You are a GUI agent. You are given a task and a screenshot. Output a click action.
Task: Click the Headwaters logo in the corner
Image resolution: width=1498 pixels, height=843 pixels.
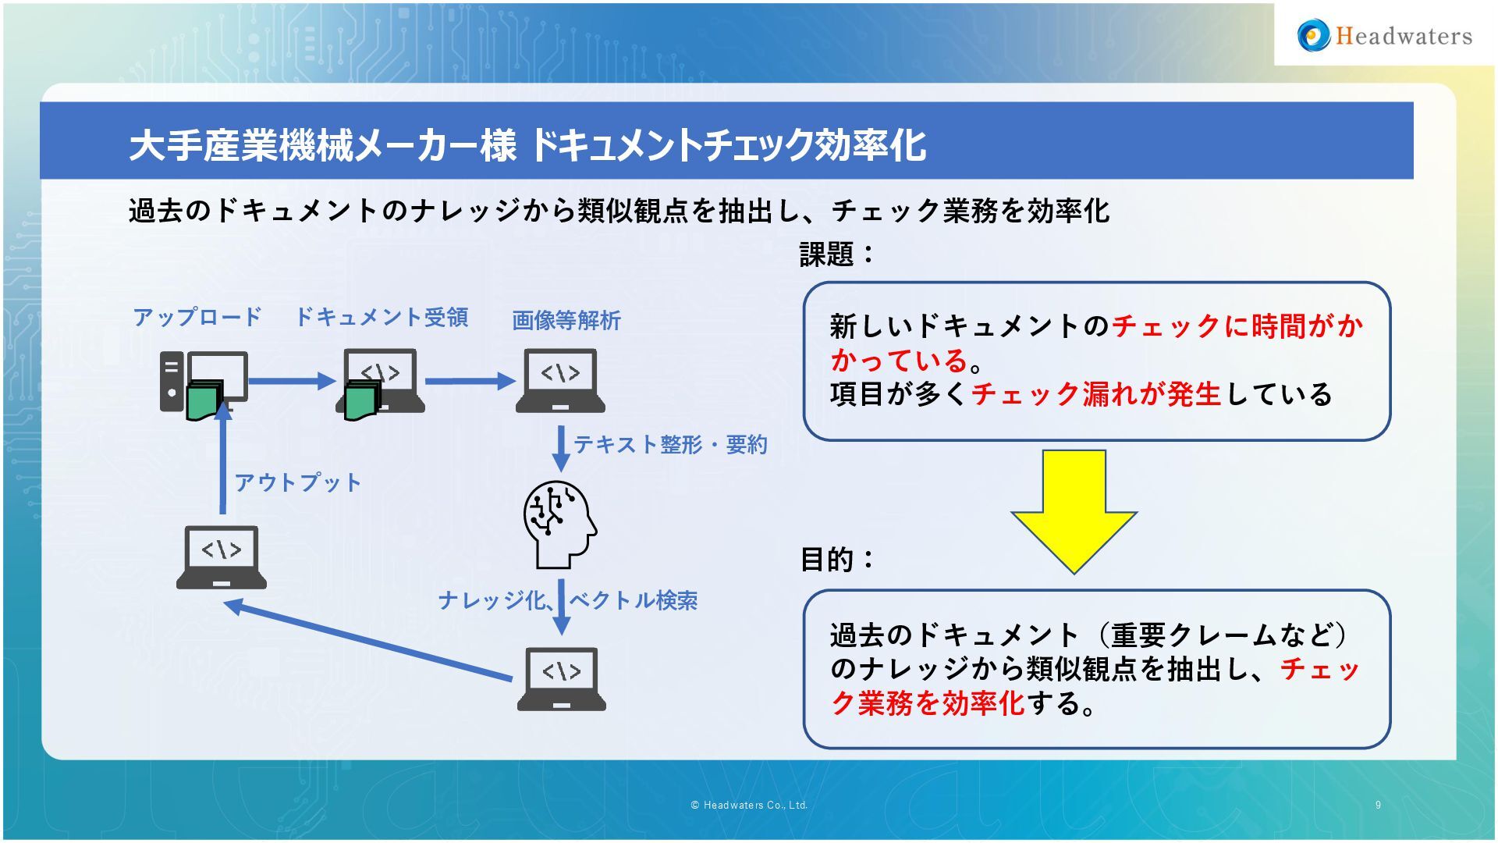(1384, 35)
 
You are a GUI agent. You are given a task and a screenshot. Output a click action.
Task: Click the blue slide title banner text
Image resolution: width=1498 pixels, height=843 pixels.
(527, 145)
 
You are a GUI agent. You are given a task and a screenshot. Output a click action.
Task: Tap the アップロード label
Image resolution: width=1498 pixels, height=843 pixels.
(197, 317)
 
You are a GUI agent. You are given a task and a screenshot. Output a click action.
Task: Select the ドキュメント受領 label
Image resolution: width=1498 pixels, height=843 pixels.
(381, 317)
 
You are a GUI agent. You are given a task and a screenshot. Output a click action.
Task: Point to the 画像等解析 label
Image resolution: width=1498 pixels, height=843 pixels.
(566, 320)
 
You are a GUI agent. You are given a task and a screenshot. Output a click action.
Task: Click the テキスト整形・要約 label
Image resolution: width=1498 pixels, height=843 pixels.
(670, 444)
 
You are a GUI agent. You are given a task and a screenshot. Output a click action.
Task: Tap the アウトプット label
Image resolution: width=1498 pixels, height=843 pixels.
(297, 482)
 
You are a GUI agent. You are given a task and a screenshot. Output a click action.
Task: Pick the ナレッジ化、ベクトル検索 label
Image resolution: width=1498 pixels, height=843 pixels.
(567, 600)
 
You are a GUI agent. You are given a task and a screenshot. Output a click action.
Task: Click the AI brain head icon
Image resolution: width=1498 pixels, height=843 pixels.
(559, 524)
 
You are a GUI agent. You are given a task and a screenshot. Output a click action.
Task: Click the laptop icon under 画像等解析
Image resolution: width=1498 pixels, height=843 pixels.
(560, 381)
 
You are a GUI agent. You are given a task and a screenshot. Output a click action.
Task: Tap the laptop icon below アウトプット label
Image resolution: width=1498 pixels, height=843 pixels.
(222, 557)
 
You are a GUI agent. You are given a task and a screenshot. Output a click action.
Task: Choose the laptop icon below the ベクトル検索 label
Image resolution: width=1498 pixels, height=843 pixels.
(561, 679)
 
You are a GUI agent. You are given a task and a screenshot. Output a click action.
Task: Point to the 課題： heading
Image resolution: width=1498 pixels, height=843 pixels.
(837, 254)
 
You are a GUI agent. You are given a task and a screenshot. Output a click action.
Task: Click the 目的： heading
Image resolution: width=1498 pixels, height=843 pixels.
(837, 559)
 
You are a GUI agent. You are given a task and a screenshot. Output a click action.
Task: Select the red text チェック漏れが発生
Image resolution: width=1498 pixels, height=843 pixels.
(1095, 393)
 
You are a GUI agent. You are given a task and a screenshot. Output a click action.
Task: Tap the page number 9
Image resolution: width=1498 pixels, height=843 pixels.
(1378, 805)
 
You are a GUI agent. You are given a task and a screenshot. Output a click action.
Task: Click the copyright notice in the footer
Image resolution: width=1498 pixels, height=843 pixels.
(748, 805)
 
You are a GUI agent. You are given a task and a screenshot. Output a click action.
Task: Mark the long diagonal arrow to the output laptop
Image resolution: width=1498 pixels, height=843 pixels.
(367, 641)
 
